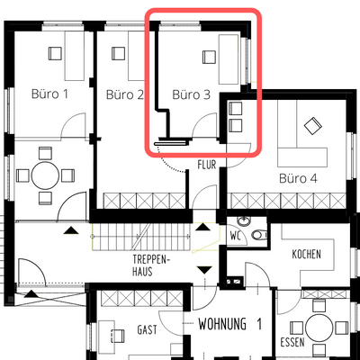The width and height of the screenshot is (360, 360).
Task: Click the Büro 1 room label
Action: [x=50, y=93]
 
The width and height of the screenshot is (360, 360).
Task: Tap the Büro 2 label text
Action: [x=124, y=93]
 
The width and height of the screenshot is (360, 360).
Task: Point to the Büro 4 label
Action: [x=298, y=178]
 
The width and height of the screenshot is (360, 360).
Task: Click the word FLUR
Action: [x=208, y=165]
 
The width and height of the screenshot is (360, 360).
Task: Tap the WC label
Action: [x=237, y=237]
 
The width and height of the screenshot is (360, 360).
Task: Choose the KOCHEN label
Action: [x=306, y=255]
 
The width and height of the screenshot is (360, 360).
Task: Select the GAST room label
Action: [x=147, y=329]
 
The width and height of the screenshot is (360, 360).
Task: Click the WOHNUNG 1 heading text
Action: [x=230, y=323]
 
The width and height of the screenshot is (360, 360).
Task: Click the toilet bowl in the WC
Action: [x=259, y=236]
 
